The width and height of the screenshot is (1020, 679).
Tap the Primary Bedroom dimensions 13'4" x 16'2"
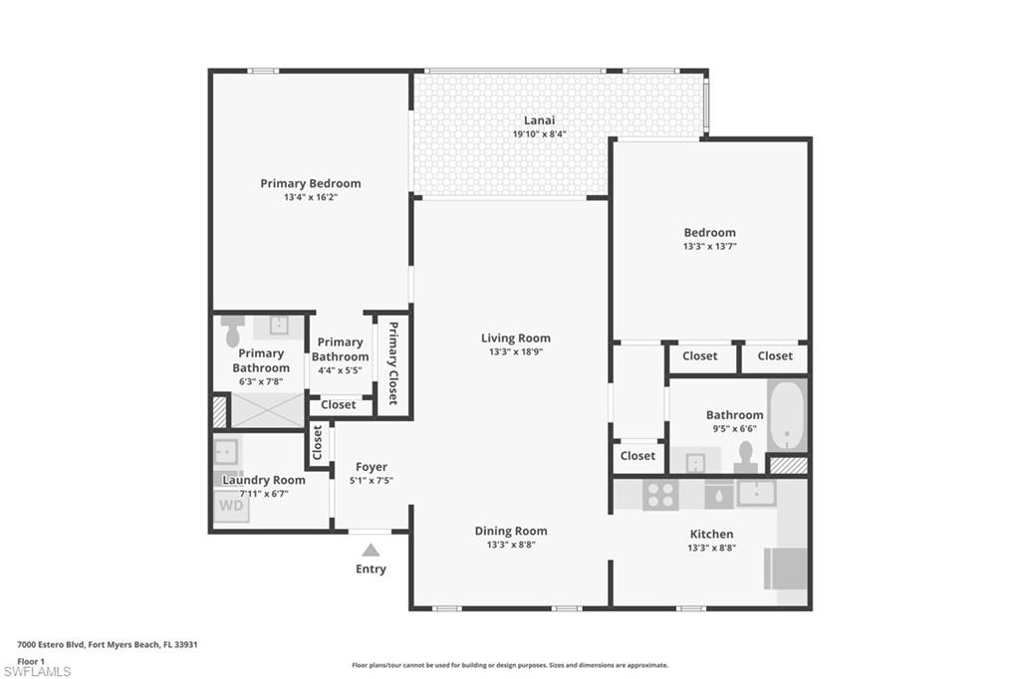[311, 197]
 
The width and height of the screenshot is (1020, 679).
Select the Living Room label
[515, 339]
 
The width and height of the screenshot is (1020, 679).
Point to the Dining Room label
[510, 531]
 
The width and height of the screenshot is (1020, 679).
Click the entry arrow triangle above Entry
[371, 550]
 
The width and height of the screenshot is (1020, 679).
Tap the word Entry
[371, 569]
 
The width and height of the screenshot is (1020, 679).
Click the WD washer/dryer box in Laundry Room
[230, 506]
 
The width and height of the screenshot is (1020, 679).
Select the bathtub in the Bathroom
[786, 414]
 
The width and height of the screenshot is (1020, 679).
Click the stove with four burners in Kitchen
[659, 494]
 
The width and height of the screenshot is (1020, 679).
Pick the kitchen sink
[756, 492]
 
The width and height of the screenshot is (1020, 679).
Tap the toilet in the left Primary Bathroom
[233, 332]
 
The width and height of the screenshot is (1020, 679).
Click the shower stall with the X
[267, 410]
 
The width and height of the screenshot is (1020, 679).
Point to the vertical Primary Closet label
[392, 363]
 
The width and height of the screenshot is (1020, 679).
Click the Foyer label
[371, 466]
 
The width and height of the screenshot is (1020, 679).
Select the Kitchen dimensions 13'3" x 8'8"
[710, 548]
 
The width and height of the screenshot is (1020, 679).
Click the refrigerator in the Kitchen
[785, 567]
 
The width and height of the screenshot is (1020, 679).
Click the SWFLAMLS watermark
[37, 671]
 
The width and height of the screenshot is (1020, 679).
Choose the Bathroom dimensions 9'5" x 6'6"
[734, 429]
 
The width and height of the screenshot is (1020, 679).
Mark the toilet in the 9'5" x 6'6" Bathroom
[745, 456]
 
